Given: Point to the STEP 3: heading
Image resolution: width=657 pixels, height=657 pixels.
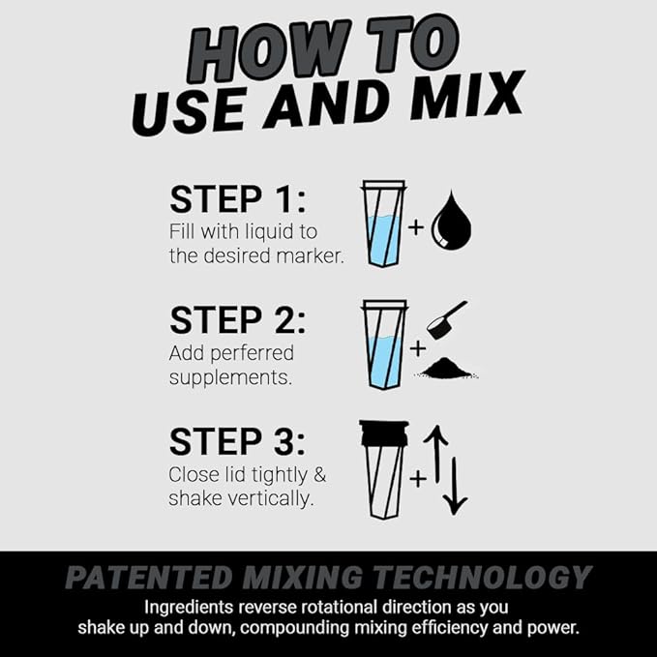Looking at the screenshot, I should coord(237,441).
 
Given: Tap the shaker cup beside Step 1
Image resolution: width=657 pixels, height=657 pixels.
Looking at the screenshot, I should coord(383,225).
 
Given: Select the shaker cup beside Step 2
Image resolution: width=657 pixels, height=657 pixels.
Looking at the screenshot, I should coord(383,344).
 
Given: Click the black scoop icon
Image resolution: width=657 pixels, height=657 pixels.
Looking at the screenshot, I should coord(447,319).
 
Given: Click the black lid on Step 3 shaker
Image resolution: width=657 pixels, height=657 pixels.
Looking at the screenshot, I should coord(383,432).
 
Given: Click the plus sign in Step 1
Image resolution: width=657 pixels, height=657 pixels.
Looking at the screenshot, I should coord(415,228).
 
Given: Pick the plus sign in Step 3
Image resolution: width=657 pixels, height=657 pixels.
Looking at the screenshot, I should coord(417,477).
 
